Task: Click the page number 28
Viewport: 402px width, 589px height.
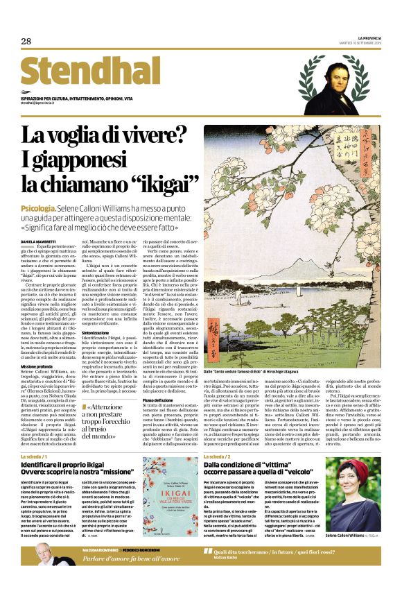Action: (26, 42)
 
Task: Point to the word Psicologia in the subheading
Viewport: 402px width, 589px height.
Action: (39, 207)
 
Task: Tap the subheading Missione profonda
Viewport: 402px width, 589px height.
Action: (37, 366)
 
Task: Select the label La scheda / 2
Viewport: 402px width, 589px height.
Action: (216, 456)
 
